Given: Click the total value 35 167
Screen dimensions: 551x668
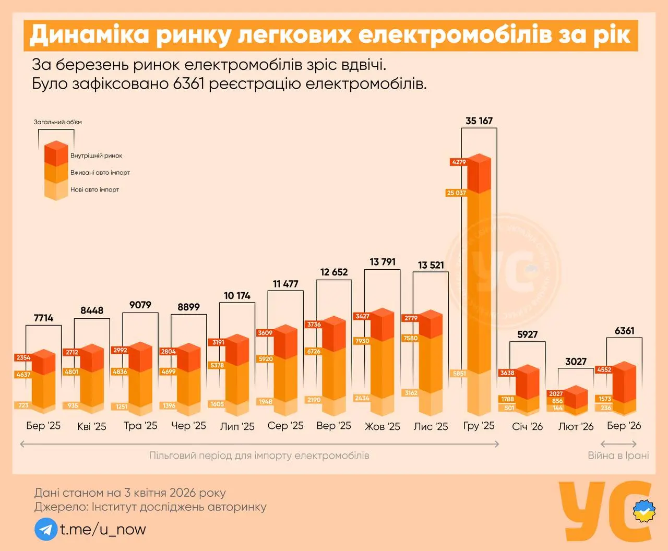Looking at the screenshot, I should coord(479,121).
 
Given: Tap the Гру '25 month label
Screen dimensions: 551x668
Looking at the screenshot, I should coord(479,426).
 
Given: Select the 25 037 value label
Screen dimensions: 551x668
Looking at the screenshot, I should coord(456,193).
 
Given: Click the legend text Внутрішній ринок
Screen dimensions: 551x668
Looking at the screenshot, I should coord(96,155).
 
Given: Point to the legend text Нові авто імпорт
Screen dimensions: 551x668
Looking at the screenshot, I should coord(94,190).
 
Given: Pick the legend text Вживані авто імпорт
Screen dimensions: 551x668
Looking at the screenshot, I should coord(100,173).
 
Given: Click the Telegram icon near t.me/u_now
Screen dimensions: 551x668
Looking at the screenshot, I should coord(46,529).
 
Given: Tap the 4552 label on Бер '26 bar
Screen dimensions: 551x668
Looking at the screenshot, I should coord(604,370).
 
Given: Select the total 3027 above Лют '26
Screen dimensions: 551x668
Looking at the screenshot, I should coord(576,362).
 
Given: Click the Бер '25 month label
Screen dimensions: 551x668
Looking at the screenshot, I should coord(43,426).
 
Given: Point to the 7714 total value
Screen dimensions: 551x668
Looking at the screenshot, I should coord(43,318).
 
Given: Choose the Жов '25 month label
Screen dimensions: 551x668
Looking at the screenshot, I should coord(382,427).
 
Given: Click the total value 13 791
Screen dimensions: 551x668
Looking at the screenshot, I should coord(383,262).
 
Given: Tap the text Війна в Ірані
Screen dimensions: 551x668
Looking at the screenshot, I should coord(618,456).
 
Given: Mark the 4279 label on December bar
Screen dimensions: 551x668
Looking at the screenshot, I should coord(459,162).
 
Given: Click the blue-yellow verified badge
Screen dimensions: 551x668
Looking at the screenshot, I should coord(644,511).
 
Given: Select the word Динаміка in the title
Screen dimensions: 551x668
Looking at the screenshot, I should coord(88,35).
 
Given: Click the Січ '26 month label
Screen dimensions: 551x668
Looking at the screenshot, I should coord(527,427).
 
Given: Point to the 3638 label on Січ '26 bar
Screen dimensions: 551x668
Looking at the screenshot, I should coord(507,373).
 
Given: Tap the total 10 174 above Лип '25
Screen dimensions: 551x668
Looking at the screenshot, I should coord(237,296).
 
